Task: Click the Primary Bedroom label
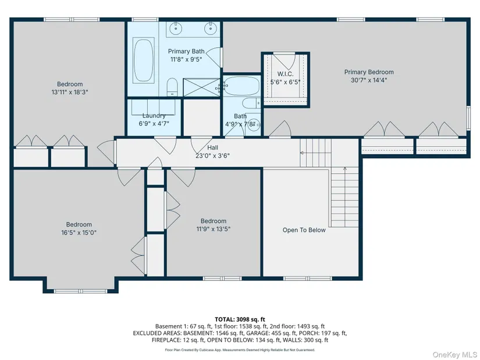pos(369,72)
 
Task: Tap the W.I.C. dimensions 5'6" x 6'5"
pos(285,82)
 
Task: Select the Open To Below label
pos(304,230)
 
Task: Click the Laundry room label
pos(154,115)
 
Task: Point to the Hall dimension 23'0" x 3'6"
pos(213,155)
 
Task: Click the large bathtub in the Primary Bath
pos(143,60)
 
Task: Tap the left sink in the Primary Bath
pos(176,28)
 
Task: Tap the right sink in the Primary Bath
pos(210,28)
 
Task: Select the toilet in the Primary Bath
pos(172,87)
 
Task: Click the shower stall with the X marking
pos(201,87)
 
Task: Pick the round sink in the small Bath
pos(254,124)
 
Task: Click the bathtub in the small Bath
pos(241,85)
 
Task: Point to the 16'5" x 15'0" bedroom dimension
pos(79,233)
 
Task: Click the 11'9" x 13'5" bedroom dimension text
pos(214,229)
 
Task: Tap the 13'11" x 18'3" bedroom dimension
pos(70,92)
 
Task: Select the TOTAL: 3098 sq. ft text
pos(240,320)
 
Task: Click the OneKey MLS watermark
pos(454,355)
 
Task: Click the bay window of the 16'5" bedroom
pos(80,291)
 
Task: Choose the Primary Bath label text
pos(186,51)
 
